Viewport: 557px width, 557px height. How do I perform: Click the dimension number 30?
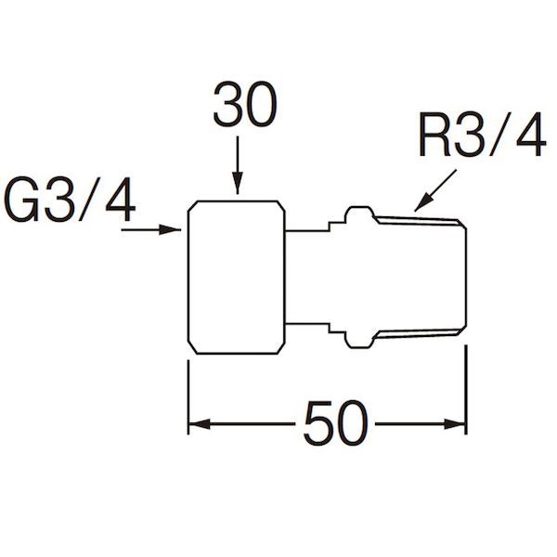[x=245, y=104]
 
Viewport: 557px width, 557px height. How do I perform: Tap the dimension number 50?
[x=335, y=423]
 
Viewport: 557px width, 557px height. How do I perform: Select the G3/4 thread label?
[x=70, y=200]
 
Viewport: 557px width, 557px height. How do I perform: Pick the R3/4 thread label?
[x=483, y=134]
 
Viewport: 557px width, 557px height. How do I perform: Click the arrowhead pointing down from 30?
[x=238, y=183]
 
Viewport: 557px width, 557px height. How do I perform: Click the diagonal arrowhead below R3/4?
[x=422, y=204]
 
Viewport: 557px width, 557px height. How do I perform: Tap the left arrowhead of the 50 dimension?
[x=199, y=424]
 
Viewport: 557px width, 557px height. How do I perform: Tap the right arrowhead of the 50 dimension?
[x=455, y=424]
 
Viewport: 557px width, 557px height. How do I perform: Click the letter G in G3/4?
[x=21, y=200]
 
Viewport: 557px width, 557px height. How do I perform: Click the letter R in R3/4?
[x=435, y=134]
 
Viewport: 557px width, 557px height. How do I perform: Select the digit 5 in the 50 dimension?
[x=318, y=423]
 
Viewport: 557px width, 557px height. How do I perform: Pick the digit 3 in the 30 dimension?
[x=228, y=104]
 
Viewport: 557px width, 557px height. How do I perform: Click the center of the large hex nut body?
[x=236, y=278]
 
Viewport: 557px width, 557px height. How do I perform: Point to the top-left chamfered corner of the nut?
[x=192, y=206]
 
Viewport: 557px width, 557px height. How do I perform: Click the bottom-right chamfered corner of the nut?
[x=280, y=349]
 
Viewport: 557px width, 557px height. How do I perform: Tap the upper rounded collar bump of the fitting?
[x=358, y=213]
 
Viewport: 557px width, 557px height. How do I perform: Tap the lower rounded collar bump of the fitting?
[x=358, y=341]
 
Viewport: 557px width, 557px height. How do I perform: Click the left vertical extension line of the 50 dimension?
[x=188, y=397]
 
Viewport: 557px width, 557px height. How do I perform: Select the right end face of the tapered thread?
[x=466, y=278]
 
